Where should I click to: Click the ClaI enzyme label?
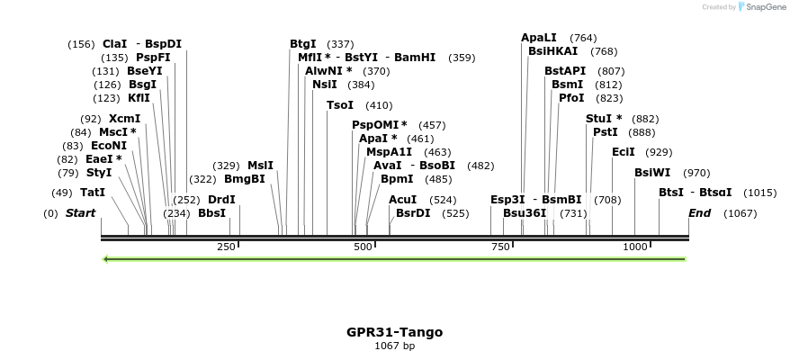pyautogui.click(x=115, y=44)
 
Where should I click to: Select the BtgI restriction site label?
pyautogui.click(x=302, y=44)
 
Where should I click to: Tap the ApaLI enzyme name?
pyautogui.click(x=539, y=38)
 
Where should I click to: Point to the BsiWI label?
pyautogui.click(x=652, y=173)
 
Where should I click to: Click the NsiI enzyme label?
pyautogui.click(x=325, y=85)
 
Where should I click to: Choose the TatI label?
pyautogui.click(x=93, y=193)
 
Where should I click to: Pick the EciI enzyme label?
pyautogui.click(x=624, y=152)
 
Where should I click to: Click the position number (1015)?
pyautogui.click(x=760, y=193)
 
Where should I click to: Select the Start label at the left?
pyautogui.click(x=80, y=213)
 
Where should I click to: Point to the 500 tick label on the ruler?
pyautogui.click(x=363, y=247)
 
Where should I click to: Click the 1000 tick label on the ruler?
pyautogui.click(x=635, y=247)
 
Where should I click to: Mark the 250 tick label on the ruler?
pyautogui.click(x=226, y=247)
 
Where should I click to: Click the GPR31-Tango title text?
pyautogui.click(x=394, y=332)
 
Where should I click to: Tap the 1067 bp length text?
pyautogui.click(x=394, y=346)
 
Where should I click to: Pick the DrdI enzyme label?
pyautogui.click(x=221, y=200)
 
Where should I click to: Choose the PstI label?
pyautogui.click(x=606, y=132)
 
